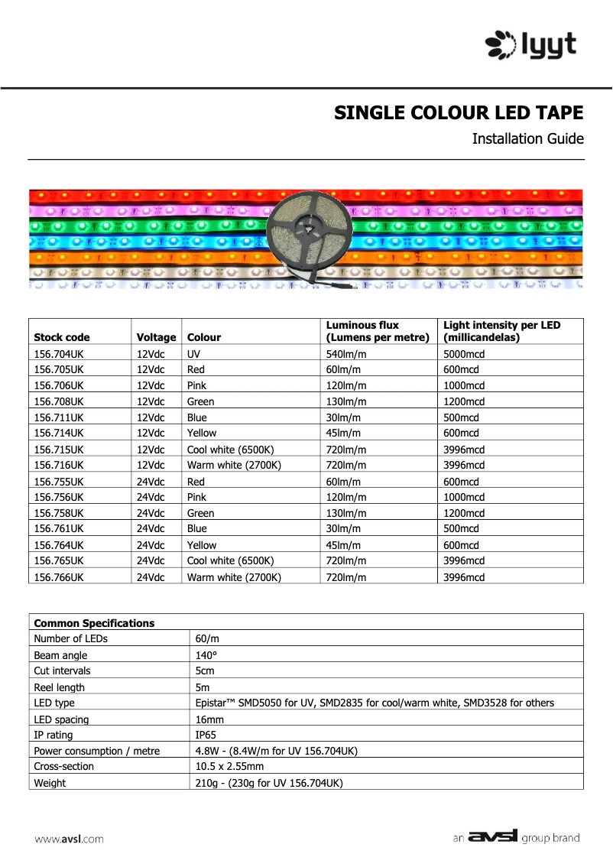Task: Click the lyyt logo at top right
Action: [x=531, y=44]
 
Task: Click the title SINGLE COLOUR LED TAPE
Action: [x=459, y=113]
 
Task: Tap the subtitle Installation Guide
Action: [x=527, y=139]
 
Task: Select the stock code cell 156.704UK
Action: [x=59, y=354]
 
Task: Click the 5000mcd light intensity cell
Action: [x=464, y=354]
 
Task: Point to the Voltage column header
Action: [x=156, y=337]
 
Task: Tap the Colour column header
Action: [x=204, y=337]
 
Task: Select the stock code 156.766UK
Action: [x=59, y=577]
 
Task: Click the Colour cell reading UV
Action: [x=195, y=354]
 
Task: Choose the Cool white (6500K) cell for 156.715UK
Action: [x=230, y=450]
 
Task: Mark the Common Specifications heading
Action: [x=94, y=623]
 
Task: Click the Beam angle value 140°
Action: [x=206, y=655]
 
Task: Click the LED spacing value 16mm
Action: [x=209, y=719]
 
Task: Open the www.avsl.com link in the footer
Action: [x=69, y=839]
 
